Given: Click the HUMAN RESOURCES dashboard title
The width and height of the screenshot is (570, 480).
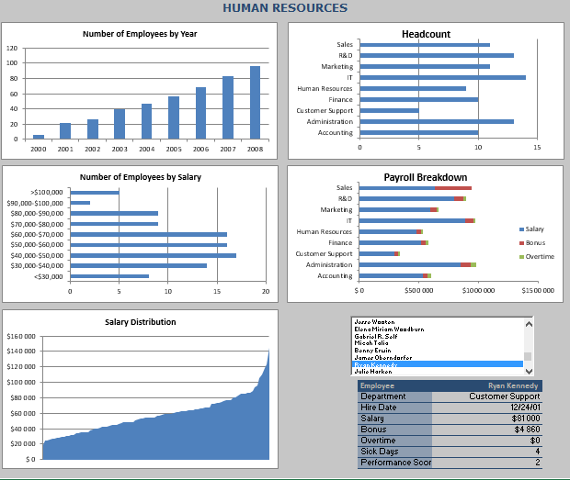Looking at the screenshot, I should pyautogui.click(x=285, y=8).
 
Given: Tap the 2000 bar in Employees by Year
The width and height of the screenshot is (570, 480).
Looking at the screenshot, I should pyautogui.click(x=39, y=137).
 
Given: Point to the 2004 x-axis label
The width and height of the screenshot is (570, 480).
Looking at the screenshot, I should pyautogui.click(x=146, y=149).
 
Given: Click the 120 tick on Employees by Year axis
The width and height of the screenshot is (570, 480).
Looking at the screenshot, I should pyautogui.click(x=12, y=48).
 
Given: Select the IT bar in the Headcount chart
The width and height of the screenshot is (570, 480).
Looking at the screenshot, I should pyautogui.click(x=442, y=77).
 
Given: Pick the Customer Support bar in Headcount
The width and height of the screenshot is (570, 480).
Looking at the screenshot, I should pyautogui.click(x=389, y=111).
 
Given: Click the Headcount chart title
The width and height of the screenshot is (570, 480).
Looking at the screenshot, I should pyautogui.click(x=426, y=34).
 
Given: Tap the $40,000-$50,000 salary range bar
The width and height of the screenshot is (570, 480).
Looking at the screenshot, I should pyautogui.click(x=153, y=255).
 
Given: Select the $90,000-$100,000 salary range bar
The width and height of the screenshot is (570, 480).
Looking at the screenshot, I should pyautogui.click(x=80, y=203).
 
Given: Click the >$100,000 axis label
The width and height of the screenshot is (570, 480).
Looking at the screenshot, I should pyautogui.click(x=47, y=192).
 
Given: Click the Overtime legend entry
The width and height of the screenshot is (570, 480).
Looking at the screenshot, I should pyautogui.click(x=537, y=257).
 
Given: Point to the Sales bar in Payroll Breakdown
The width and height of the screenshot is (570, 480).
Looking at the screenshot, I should pyautogui.click(x=415, y=187).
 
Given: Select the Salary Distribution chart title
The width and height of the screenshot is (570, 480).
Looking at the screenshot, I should pyautogui.click(x=141, y=322).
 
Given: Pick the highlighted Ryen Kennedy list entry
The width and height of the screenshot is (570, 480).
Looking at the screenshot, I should pyautogui.click(x=438, y=365).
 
